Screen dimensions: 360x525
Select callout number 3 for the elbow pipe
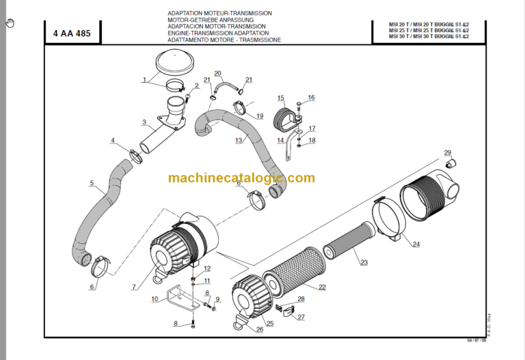click(x=144, y=123)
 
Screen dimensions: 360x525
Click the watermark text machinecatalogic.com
click(x=241, y=178)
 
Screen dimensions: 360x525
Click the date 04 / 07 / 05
click(x=477, y=340)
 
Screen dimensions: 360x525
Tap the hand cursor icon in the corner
click(x=10, y=23)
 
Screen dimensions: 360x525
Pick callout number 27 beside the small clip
click(x=301, y=317)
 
